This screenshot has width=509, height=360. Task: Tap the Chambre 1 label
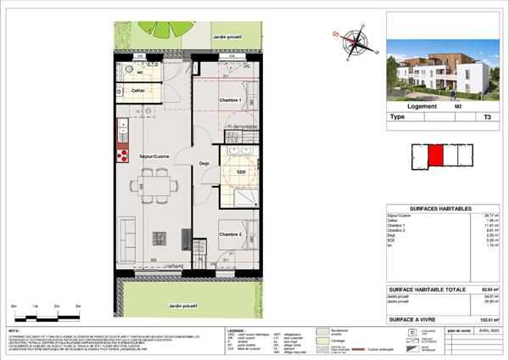click(231, 101)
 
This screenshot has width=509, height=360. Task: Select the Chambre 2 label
click(231, 235)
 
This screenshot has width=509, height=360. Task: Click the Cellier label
click(139, 89)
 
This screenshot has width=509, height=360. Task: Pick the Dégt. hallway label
click(204, 163)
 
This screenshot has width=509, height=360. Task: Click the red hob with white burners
click(122, 155)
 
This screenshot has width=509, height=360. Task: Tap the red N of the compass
click(336, 36)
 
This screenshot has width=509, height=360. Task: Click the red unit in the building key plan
click(435, 156)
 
